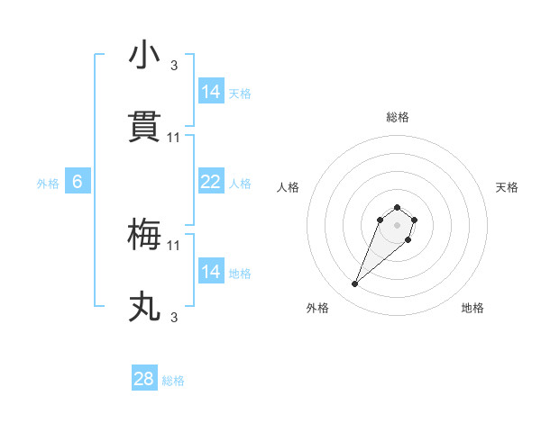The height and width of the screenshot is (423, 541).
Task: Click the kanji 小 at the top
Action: click(144, 55)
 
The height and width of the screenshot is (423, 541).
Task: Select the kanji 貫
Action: click(144, 127)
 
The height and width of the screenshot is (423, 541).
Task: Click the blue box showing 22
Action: click(210, 182)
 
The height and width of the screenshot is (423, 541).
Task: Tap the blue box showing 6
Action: click(78, 182)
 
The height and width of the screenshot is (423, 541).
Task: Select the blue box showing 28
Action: click(144, 379)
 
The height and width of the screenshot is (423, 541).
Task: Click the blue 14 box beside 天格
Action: click(210, 92)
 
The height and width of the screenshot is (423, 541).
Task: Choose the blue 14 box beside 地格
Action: click(210, 272)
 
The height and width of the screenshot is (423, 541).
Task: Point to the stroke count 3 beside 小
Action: click(174, 65)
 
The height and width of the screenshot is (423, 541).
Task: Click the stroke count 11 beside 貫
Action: click(174, 137)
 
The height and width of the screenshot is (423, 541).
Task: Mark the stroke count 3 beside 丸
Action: click(174, 317)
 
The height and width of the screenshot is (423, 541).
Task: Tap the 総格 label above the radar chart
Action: click(398, 117)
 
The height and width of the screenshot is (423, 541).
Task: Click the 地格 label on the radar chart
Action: click(472, 309)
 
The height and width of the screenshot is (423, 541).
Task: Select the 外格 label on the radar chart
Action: click(317, 309)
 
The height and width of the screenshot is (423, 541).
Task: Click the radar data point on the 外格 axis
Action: click(355, 284)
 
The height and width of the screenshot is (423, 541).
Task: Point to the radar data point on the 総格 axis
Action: click(398, 204)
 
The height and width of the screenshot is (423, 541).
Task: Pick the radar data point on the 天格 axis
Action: click(414, 219)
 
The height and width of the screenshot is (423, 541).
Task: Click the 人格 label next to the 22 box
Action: click(240, 183)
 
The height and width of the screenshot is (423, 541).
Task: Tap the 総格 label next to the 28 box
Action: click(174, 381)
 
